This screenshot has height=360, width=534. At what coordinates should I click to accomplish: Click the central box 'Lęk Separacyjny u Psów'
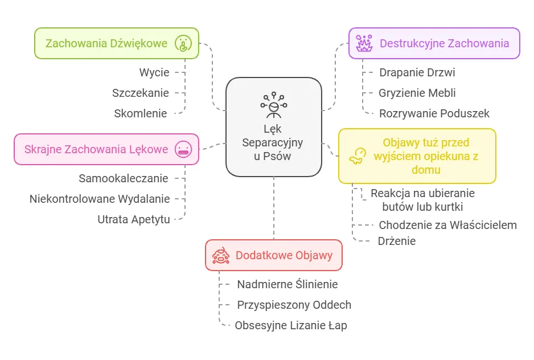pyautogui.click(x=274, y=127)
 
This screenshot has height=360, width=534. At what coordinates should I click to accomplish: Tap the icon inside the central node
pyautogui.click(x=274, y=104)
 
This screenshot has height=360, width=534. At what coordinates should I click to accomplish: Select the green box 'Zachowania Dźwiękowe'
pyautogui.click(x=117, y=43)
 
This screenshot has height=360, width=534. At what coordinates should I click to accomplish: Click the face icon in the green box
pyautogui.click(x=183, y=43)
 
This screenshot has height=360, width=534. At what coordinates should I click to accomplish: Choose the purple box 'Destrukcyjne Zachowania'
pyautogui.click(x=434, y=43)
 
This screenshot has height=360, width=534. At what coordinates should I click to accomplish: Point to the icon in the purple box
pyautogui.click(x=363, y=43)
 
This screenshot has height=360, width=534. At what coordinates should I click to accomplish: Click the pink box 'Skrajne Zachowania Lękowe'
pyautogui.click(x=106, y=149)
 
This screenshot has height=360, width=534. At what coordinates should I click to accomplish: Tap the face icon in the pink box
pyautogui.click(x=183, y=149)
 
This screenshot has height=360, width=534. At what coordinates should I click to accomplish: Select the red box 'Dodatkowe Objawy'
pyautogui.click(x=274, y=255)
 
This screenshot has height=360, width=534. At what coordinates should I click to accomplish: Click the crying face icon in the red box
pyautogui.click(x=220, y=255)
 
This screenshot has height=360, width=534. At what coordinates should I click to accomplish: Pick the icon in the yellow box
pyautogui.click(x=358, y=156)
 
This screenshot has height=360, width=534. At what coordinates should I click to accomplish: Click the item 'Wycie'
pyautogui.click(x=154, y=72)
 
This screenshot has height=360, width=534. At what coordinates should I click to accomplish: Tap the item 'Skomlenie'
pyautogui.click(x=141, y=113)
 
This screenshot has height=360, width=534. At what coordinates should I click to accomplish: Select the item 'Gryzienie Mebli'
pyautogui.click(x=417, y=93)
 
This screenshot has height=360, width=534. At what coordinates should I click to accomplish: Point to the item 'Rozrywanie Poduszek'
pyautogui.click(x=434, y=113)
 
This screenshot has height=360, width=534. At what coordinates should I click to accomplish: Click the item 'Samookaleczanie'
pyautogui.click(x=124, y=178)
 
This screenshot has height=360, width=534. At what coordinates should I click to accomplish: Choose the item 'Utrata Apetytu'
pyautogui.click(x=134, y=219)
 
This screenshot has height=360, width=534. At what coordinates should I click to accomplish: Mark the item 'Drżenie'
pyautogui.click(x=396, y=241)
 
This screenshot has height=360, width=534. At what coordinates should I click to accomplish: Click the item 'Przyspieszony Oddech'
pyautogui.click(x=294, y=305)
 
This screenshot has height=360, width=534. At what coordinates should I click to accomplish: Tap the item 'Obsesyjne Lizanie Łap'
pyautogui.click(x=290, y=325)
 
